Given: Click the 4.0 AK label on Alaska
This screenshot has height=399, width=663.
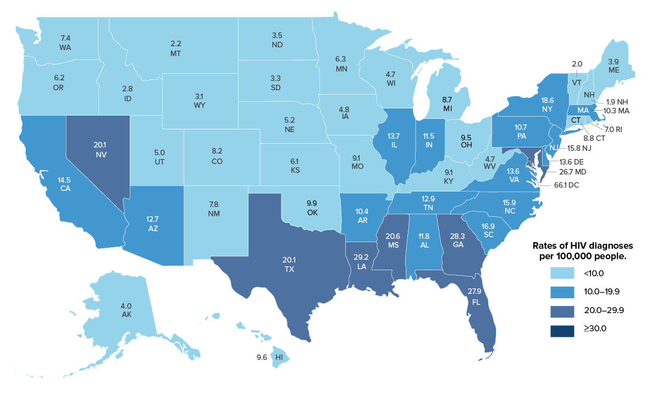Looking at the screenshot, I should [x=126, y=310].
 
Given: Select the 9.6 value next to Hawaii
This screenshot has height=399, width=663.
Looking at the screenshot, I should [x=262, y=357].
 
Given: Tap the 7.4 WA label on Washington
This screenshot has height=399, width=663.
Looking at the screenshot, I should [x=65, y=43].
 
